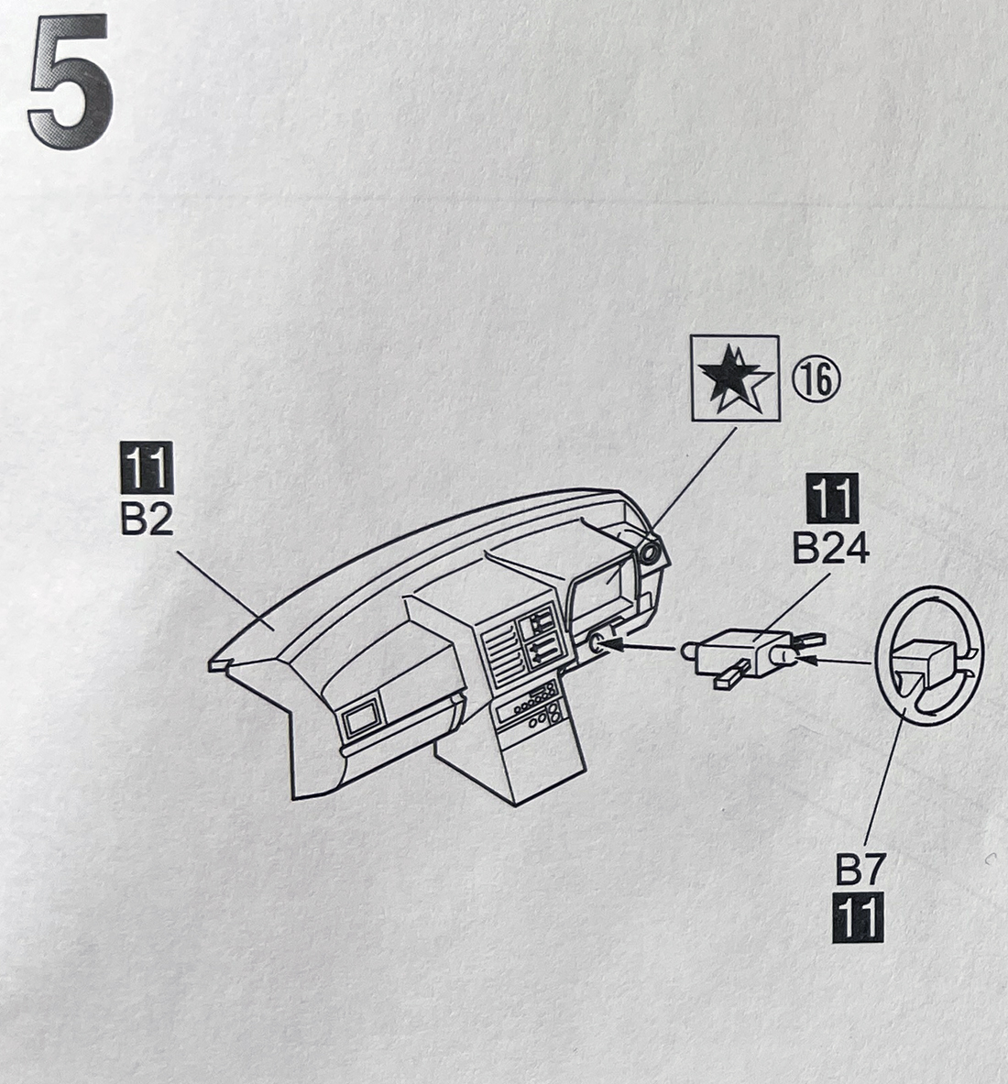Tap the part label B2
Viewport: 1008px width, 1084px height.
pos(146,520)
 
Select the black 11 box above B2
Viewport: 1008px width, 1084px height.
pos(146,467)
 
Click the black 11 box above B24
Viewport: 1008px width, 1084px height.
pos(830,500)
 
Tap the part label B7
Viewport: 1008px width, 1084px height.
pos(859,870)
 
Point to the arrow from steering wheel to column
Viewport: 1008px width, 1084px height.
pos(838,659)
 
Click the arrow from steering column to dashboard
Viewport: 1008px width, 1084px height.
pos(642,648)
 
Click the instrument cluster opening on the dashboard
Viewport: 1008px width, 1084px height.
pos(601,591)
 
